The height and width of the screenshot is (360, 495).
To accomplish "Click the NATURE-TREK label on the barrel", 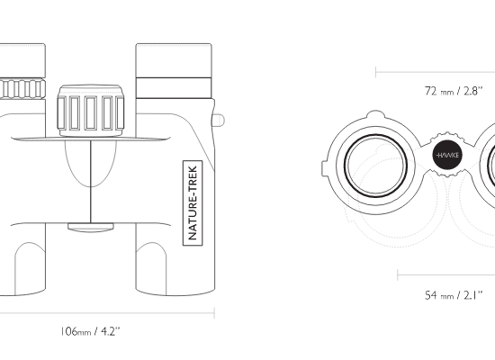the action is point(193,203).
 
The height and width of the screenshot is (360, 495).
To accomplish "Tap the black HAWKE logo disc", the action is point(447,155).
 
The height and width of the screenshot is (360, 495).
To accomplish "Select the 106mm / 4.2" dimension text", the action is point(91,331).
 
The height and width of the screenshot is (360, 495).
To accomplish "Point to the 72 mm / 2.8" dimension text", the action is point(454,91).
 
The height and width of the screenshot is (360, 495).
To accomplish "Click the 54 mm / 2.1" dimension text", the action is point(454,295).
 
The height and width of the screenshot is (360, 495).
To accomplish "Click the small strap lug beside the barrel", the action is point(219,120).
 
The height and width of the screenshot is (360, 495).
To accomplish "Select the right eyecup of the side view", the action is point(174,60).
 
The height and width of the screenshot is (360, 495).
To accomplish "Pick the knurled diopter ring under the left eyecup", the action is point(22,89).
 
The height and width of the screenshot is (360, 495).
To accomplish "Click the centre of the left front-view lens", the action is point(375,166).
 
